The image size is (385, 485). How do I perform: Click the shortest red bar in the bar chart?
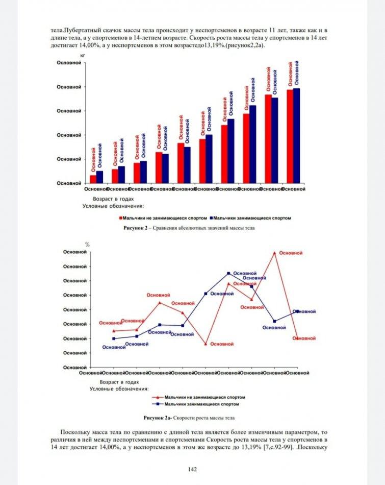pyautogui.click(x=93, y=179)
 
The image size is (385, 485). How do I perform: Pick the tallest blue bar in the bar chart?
pyautogui.click(x=296, y=135)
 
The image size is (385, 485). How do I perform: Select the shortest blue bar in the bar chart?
pyautogui.click(x=99, y=177)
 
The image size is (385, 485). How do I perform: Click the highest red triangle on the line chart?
pyautogui.click(x=275, y=253)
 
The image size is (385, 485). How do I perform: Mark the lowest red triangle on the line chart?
pyautogui.click(x=206, y=344)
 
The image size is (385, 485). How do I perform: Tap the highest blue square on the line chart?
pyautogui.click(x=228, y=273)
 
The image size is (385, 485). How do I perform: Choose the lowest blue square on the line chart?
pyautogui.click(x=113, y=338)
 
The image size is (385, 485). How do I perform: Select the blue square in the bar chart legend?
pyautogui.click(x=211, y=218)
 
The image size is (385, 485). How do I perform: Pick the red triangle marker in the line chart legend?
pyautogui.click(x=159, y=397)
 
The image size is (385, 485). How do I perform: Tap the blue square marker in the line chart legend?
pyautogui.click(x=159, y=404)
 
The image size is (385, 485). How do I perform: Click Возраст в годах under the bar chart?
pyautogui.click(x=113, y=199)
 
